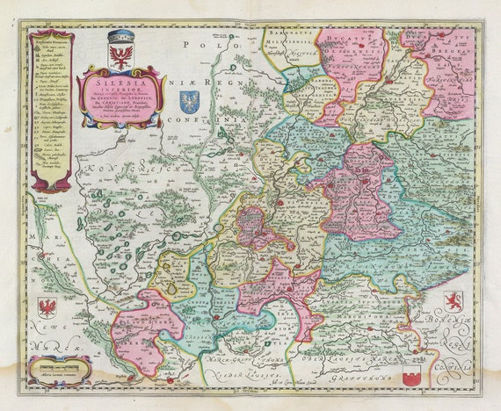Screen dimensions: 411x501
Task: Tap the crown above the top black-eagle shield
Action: [x=120, y=37]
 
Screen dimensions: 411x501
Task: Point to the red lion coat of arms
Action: [x=454, y=301]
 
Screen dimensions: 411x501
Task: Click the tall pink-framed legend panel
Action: [x=52, y=110]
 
